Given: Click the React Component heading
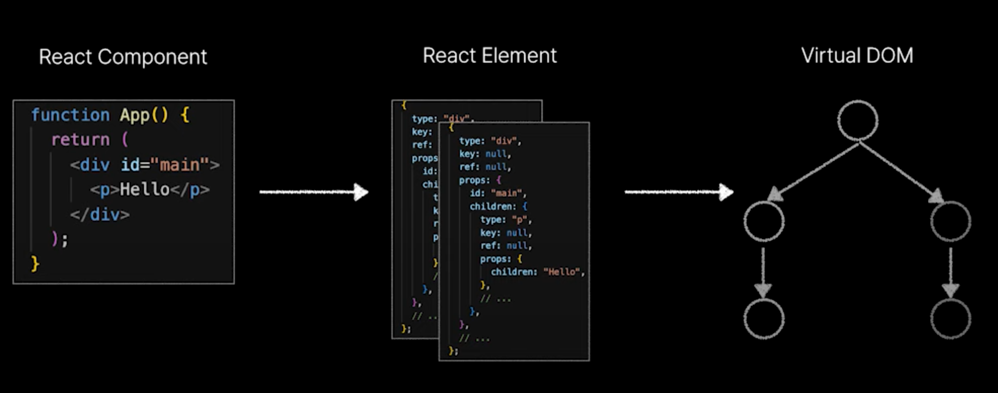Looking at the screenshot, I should [x=123, y=57].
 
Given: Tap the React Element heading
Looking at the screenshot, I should [x=489, y=56].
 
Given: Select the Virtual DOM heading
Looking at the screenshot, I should [x=857, y=56].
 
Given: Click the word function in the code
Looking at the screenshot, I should [x=70, y=115].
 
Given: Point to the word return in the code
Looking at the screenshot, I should [x=80, y=139].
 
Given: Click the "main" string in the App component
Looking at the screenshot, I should [x=180, y=165].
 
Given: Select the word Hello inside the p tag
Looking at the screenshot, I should [x=144, y=189].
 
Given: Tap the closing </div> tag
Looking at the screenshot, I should [x=100, y=215].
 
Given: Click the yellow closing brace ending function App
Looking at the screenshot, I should [x=35, y=264].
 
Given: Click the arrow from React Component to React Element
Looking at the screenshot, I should [x=314, y=192].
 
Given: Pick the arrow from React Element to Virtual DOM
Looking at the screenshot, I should [x=679, y=192].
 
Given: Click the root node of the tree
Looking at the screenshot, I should [x=857, y=121].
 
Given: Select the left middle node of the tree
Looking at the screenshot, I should [x=764, y=221].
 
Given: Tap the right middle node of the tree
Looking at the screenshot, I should [x=950, y=221].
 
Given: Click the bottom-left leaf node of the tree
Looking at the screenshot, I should [x=764, y=319].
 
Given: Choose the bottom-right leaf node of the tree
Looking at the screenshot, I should [x=950, y=319].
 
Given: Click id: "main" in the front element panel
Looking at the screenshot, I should [x=497, y=193].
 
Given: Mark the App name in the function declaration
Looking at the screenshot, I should [x=134, y=115].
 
